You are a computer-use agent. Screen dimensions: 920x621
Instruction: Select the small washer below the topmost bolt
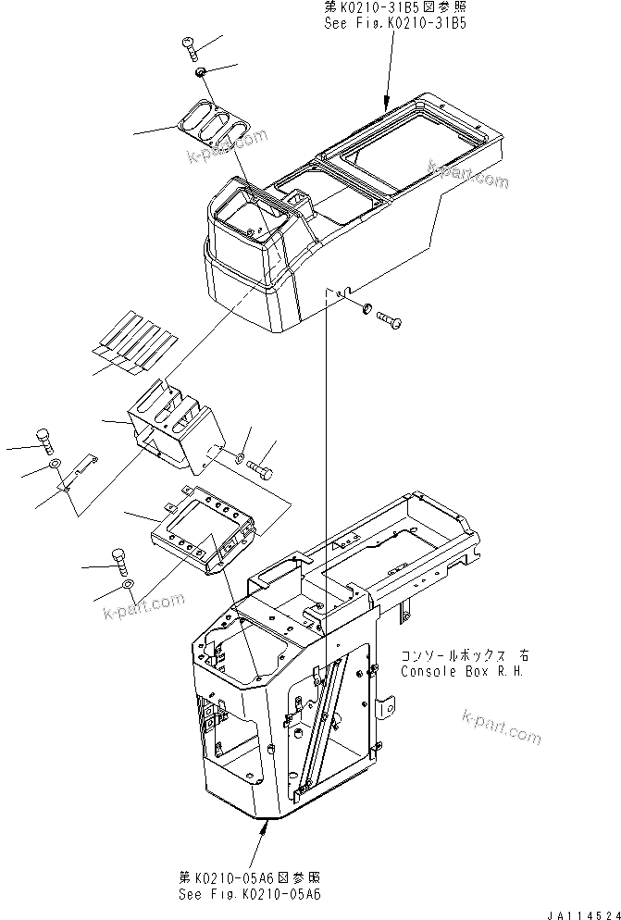pyautogui.click(x=200, y=71)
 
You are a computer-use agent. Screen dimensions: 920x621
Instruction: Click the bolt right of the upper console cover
pyautogui.click(x=390, y=319)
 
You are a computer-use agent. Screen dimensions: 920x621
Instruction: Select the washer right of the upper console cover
pyautogui.click(x=366, y=307)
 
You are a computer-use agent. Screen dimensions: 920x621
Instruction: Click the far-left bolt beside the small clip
pyautogui.click(x=43, y=437)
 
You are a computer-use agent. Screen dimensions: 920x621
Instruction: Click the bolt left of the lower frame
pyautogui.click(x=118, y=559)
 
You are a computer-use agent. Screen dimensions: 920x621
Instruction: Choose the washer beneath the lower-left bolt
pyautogui.click(x=128, y=586)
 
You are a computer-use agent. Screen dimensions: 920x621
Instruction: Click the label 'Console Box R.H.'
pyautogui.click(x=463, y=670)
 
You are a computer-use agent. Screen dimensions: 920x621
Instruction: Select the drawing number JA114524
pyautogui.click(x=580, y=914)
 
